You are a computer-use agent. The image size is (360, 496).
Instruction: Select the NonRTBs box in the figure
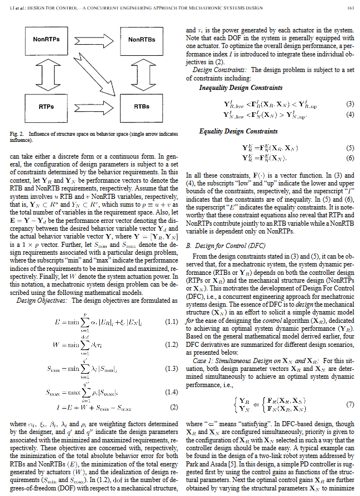pyautogui.click(x=142, y=40)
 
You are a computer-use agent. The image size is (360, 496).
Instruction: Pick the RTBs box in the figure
pyautogui.click(x=142, y=106)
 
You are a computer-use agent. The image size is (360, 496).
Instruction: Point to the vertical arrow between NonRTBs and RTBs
pyautogui.click(x=142, y=73)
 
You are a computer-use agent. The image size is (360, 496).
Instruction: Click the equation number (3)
pyautogui.click(x=349, y=104)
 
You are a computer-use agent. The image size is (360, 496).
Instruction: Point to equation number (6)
pyautogui.click(x=349, y=159)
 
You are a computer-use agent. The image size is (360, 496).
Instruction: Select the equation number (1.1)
pyautogui.click(x=171, y=322)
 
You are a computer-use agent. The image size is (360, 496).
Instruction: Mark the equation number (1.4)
pyautogui.click(x=171, y=391)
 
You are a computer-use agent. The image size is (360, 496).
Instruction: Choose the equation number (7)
pyautogui.click(x=349, y=404)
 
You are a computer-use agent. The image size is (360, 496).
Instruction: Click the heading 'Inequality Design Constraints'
pyautogui.click(x=241, y=88)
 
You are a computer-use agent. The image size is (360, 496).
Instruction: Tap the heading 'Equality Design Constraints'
pyautogui.click(x=238, y=131)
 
